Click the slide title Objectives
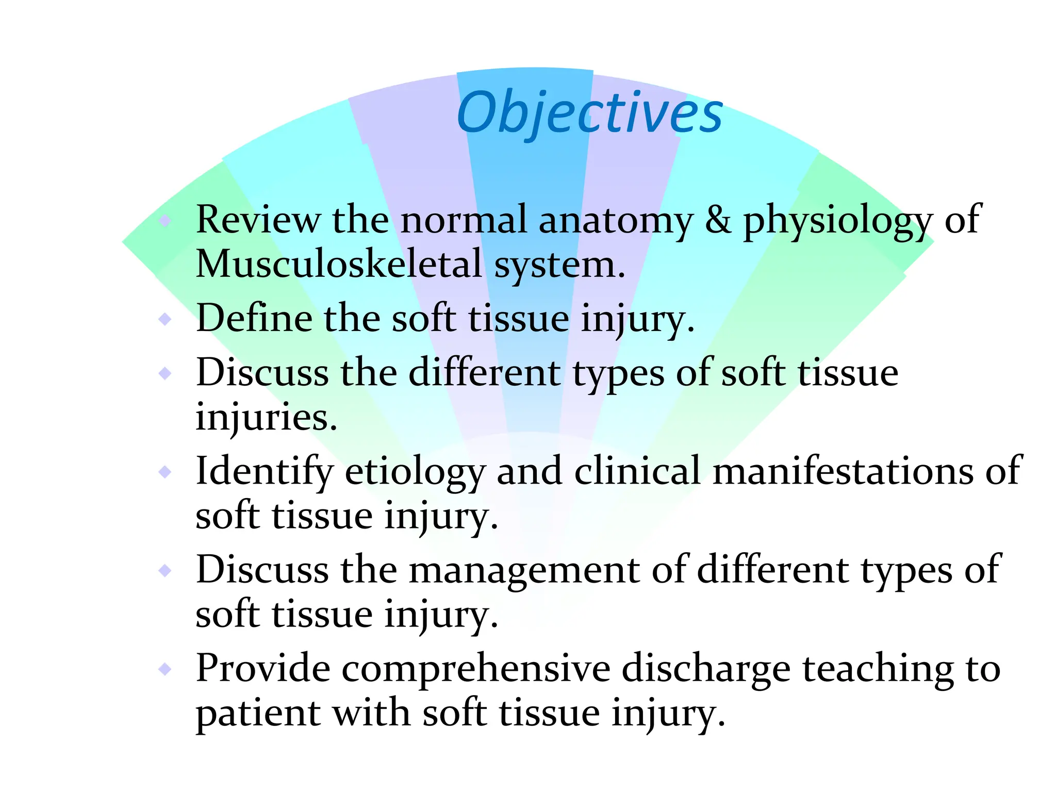coord(589,112)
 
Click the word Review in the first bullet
coord(258,220)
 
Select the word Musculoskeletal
coord(339,264)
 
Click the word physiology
coord(837,221)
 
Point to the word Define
coord(254,318)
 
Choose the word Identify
coord(265,471)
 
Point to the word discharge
coord(706,669)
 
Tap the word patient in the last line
coord(258,714)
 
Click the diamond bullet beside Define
coord(165,319)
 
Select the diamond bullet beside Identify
coord(165,471)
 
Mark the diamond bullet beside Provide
coord(165,669)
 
